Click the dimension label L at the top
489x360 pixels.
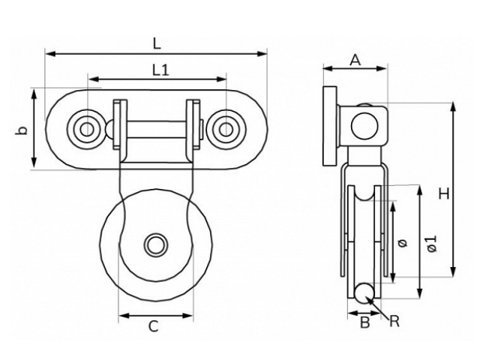156,43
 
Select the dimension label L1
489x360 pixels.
160,70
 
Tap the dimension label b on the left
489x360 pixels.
23,130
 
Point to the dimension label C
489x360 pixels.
152,325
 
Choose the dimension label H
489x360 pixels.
444,193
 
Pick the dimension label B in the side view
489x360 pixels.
364,323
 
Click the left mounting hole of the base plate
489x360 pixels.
86,129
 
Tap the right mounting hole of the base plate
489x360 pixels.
224,129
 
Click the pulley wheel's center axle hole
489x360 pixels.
156,244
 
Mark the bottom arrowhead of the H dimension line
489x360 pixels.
454,274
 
